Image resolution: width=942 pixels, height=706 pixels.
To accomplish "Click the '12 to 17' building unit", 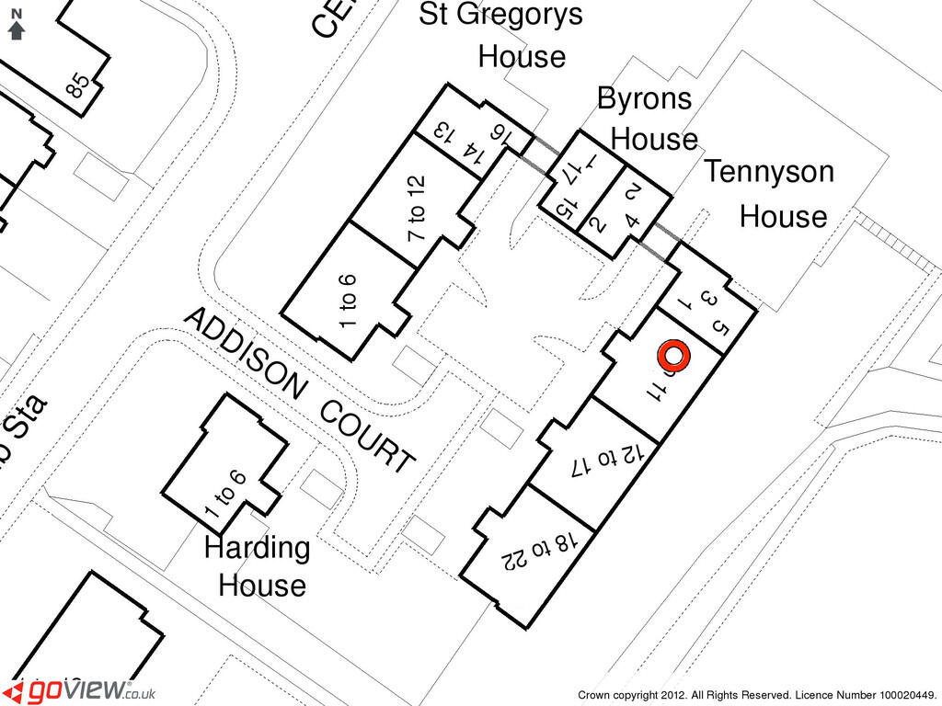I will pos(603,460).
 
